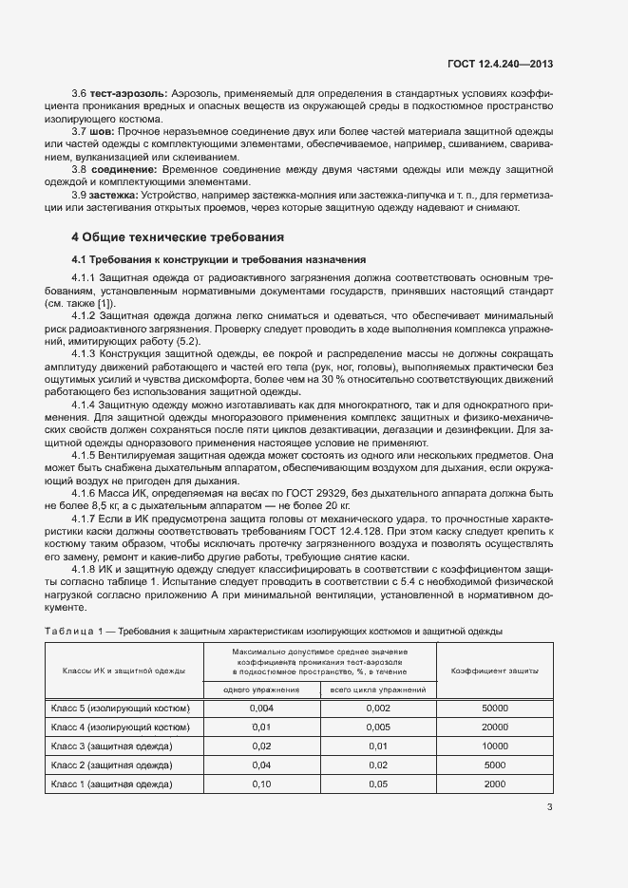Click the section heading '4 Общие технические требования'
[x=178, y=237]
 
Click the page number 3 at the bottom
[x=549, y=808]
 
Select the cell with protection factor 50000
[x=495, y=709]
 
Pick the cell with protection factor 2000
[x=495, y=784]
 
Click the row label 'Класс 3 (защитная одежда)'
[x=110, y=746]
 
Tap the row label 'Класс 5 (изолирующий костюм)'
[x=119, y=709]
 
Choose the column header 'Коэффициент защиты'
[x=495, y=671]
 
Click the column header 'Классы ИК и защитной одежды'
[x=124, y=671]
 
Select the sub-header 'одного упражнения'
[x=261, y=690]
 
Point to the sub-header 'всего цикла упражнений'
[x=377, y=690]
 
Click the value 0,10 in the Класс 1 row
[x=261, y=784]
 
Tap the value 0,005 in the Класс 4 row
[x=377, y=727]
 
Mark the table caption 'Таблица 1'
[x=73, y=632]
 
